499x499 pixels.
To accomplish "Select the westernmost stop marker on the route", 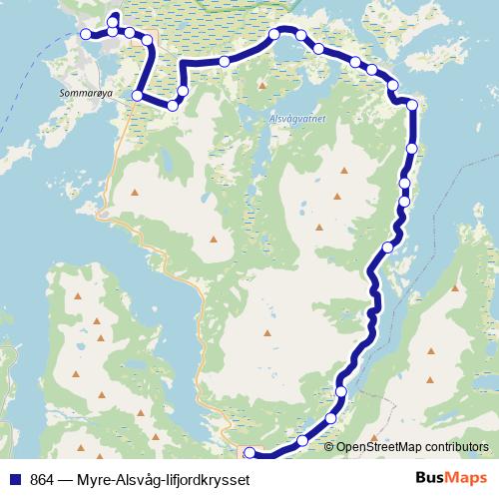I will coord(86,34).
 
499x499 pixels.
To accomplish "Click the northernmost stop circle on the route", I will coord(113,19).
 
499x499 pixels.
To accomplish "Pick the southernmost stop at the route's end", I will coord(249,455).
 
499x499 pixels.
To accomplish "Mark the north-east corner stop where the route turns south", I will coord(411,104).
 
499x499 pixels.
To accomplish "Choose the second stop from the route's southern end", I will coord(302,440).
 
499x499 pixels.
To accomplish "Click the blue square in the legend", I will coord(15,479).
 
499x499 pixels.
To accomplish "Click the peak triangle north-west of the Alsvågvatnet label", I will coord(262,85).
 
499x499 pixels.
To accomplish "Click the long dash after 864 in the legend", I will coord(66,479).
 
